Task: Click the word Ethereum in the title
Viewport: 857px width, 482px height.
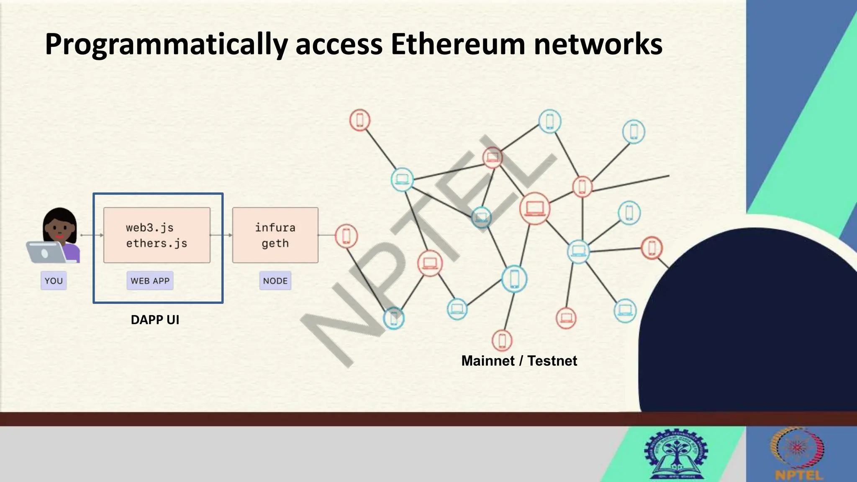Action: (x=457, y=44)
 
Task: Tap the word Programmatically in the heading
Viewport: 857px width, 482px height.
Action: (x=166, y=45)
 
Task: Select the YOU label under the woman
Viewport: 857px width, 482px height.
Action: (x=54, y=281)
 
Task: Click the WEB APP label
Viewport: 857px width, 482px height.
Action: (x=150, y=281)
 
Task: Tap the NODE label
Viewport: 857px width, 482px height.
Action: (x=275, y=281)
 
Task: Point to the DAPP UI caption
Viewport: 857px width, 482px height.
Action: (x=155, y=320)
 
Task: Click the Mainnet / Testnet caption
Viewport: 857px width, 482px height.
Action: (x=519, y=361)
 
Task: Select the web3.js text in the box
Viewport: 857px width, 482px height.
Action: (x=149, y=228)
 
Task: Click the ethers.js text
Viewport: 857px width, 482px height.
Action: (x=157, y=243)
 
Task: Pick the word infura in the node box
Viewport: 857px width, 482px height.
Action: (x=275, y=228)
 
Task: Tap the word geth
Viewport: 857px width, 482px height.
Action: (x=275, y=243)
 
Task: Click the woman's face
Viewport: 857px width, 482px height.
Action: (x=60, y=228)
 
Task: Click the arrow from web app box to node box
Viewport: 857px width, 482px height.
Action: (x=221, y=235)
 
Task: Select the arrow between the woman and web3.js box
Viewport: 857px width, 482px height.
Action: (x=92, y=235)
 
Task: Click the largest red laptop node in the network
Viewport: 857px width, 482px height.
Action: (x=534, y=208)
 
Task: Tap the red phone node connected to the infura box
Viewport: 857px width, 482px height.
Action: (x=346, y=236)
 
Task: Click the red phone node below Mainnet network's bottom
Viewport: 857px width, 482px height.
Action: (x=502, y=341)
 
